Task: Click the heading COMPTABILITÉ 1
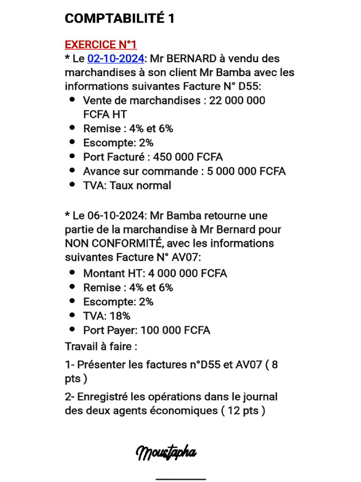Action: click(x=119, y=19)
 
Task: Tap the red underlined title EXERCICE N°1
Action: click(x=101, y=45)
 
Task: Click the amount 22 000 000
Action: click(x=237, y=100)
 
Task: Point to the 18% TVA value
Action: click(x=120, y=316)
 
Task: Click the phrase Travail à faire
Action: click(x=101, y=347)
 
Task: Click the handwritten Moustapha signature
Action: click(x=166, y=453)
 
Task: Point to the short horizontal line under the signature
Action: click(x=180, y=479)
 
